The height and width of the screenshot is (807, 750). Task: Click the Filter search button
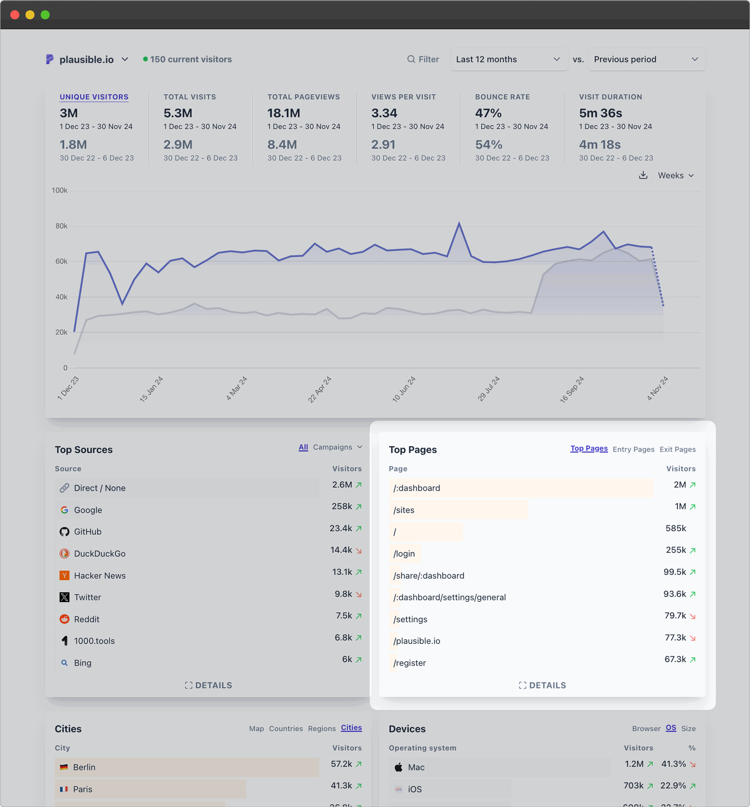423,60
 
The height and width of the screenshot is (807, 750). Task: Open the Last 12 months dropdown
508,60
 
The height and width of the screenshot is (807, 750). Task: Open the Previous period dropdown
646,60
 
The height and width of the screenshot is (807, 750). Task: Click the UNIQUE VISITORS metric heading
94,97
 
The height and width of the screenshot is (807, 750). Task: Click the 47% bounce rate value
488,113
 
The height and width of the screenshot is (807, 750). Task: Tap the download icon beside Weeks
643,175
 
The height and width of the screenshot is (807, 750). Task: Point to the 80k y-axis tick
61,226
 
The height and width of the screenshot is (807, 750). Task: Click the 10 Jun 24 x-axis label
404,389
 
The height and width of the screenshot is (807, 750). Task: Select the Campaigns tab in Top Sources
337,447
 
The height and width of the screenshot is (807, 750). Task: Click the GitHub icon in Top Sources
65,532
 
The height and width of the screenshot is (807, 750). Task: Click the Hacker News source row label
99,575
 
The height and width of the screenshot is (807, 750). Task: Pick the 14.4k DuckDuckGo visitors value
341,550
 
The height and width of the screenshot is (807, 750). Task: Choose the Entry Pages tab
633,449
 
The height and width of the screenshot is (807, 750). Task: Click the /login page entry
404,553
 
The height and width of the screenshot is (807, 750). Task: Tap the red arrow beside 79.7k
693,616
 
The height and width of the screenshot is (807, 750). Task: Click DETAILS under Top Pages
542,685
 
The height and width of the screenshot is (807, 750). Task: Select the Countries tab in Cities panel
285,729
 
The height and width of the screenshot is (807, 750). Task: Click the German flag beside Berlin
64,767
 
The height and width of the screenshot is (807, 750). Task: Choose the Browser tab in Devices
646,729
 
